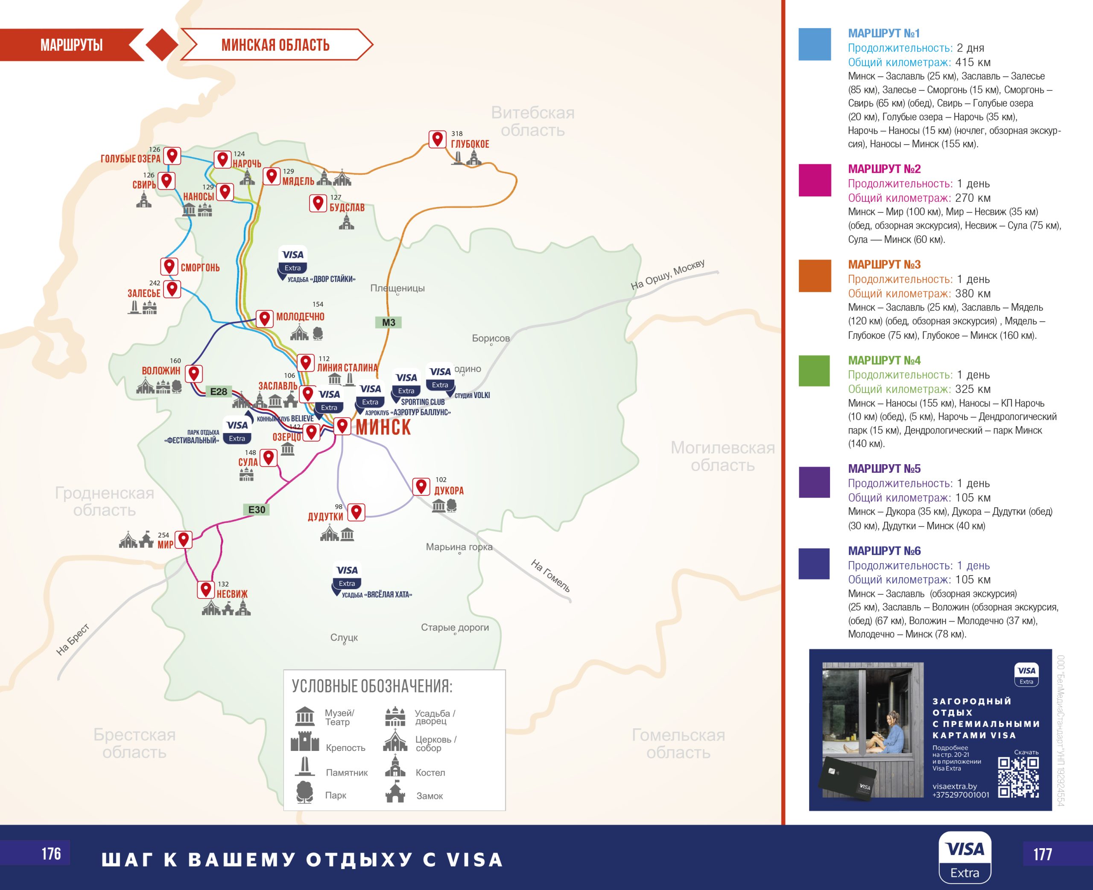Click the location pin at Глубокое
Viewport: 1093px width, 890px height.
click(x=437, y=139)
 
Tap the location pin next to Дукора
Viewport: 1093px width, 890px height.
click(x=421, y=486)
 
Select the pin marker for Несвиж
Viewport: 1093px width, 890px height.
click(x=206, y=590)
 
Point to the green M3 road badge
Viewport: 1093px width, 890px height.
click(x=388, y=323)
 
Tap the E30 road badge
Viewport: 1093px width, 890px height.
click(x=257, y=509)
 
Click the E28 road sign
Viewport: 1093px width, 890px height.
click(x=219, y=392)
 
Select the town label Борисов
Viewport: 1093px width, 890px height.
click(x=490, y=338)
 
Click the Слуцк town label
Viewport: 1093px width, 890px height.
click(x=344, y=637)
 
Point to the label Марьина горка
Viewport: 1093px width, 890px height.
click(x=459, y=547)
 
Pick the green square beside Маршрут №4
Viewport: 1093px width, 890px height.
click(x=815, y=371)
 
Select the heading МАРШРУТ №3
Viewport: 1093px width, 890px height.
click(x=884, y=265)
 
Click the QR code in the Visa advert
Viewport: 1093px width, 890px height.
click(x=1018, y=777)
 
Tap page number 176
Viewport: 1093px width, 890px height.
click(x=51, y=854)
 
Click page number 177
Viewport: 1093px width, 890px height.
click(x=1042, y=854)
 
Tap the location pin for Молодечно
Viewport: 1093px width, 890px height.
click(x=264, y=318)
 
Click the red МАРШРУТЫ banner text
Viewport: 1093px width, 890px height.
click(x=71, y=45)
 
